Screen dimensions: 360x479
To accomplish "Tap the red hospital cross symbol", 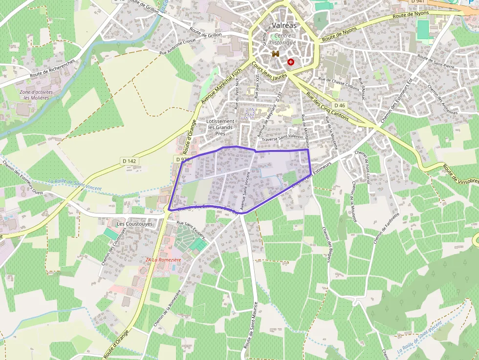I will pyautogui.click(x=291, y=62).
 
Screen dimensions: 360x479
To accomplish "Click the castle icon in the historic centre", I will pyautogui.click(x=276, y=54).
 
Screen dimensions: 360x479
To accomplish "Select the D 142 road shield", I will pyautogui.click(x=129, y=161).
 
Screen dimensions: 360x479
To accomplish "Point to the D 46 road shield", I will pyautogui.click(x=340, y=106).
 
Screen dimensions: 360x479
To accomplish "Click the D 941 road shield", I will pyautogui.click(x=416, y=1).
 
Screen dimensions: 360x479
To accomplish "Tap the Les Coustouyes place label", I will pyautogui.click(x=135, y=224).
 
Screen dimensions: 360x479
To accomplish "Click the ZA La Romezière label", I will pyautogui.click(x=163, y=259).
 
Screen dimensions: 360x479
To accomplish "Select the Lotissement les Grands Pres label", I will pyautogui.click(x=220, y=127).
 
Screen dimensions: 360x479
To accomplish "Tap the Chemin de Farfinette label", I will pyautogui.click(x=386, y=228).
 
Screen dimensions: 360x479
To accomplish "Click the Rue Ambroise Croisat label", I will pyautogui.click(x=177, y=46).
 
